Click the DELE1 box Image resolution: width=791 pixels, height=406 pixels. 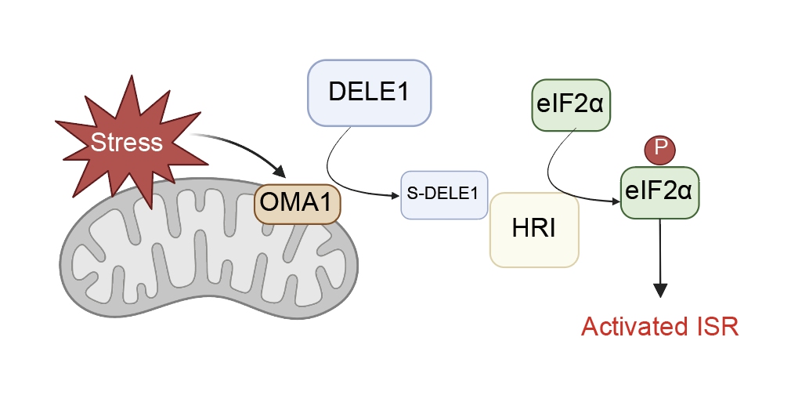pos(370,93)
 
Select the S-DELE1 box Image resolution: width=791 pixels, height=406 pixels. pos(444,195)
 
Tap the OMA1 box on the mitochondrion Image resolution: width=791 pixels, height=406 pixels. pos(297,204)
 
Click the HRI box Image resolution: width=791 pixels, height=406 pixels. pos(534,230)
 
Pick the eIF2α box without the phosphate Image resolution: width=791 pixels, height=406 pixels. pos(571,105)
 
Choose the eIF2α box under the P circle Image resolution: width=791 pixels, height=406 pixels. pos(659,192)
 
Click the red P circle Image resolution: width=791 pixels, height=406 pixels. pos(660,150)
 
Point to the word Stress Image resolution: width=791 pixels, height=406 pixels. pos(127,142)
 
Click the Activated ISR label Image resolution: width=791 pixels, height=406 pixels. pos(660,327)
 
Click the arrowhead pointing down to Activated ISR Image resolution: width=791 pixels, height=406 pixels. pos(660,291)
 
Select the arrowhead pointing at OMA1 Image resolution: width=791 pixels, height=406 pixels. pos(279,170)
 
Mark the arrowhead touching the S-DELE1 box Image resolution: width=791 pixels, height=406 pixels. pos(396,196)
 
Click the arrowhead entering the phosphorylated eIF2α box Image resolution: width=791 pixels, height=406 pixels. pos(616,202)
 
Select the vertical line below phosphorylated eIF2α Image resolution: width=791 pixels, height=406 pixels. pos(660,252)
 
